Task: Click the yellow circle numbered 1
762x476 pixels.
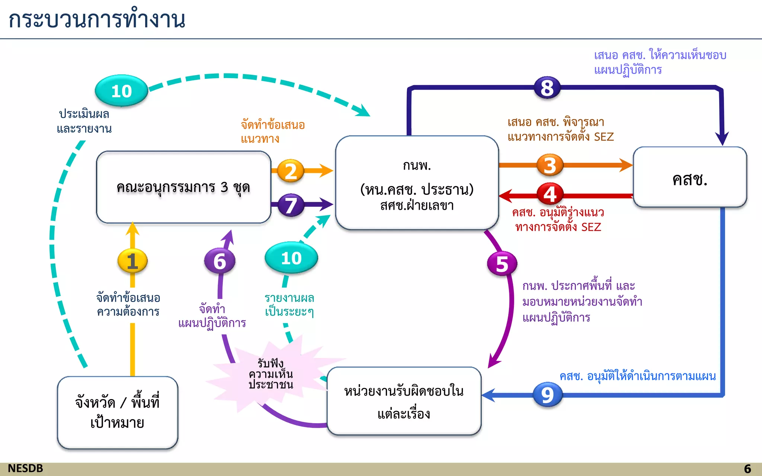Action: (x=132, y=261)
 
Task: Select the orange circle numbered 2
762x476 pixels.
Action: (x=291, y=171)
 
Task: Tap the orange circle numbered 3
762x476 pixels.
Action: (x=550, y=165)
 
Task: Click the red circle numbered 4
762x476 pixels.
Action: (x=550, y=194)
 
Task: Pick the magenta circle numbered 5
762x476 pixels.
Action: (x=502, y=264)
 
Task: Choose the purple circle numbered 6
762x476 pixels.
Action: (x=220, y=261)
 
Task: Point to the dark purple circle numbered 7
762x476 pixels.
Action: (x=291, y=205)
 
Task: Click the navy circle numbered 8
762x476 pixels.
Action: (x=547, y=88)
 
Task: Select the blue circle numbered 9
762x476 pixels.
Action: (x=547, y=395)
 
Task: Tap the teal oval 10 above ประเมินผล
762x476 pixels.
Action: (x=121, y=91)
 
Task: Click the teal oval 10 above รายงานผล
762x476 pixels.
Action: (x=291, y=258)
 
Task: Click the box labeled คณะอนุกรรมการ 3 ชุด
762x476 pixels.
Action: (x=183, y=187)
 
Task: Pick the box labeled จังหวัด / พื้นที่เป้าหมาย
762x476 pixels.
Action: (x=118, y=412)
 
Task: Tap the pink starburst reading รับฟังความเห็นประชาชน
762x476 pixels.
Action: (x=271, y=374)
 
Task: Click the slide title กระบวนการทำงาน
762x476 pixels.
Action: (x=97, y=19)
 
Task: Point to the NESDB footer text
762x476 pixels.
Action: (x=25, y=468)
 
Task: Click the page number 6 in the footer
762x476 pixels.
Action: (x=747, y=469)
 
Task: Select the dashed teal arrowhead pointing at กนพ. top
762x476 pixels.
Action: (x=363, y=111)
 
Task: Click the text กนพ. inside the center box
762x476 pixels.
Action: (x=417, y=165)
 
